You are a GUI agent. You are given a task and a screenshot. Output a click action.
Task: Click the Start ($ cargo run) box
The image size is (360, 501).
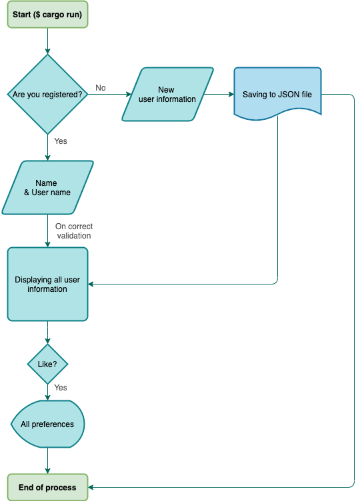click(x=47, y=14)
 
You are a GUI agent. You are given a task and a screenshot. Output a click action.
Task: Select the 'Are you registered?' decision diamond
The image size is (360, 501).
click(x=47, y=95)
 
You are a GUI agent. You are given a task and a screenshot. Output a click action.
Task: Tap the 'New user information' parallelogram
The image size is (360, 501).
click(x=167, y=94)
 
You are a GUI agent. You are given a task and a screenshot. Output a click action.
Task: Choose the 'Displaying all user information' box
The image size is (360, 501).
click(x=47, y=284)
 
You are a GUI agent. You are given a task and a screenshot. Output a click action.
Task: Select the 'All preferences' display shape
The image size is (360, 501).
click(x=47, y=424)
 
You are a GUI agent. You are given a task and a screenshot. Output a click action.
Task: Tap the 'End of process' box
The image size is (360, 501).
click(x=47, y=487)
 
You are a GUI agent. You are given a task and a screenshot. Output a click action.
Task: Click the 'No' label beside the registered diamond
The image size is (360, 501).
click(x=101, y=88)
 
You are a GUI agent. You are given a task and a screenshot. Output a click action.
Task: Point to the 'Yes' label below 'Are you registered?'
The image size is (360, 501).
click(x=60, y=141)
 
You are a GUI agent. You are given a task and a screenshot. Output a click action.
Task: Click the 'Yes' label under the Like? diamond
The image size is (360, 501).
click(x=60, y=388)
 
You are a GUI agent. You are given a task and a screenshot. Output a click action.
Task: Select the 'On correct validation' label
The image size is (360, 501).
click(x=73, y=231)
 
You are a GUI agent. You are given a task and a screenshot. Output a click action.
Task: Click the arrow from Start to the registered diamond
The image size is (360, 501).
click(x=47, y=41)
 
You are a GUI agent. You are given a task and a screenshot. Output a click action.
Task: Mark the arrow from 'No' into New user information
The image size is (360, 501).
click(x=110, y=95)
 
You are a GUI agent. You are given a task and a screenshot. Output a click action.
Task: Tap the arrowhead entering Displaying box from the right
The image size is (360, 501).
click(x=92, y=284)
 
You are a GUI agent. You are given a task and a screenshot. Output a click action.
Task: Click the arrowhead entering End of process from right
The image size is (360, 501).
click(x=92, y=487)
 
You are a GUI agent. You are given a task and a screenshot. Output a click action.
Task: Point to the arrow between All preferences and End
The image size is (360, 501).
click(x=47, y=460)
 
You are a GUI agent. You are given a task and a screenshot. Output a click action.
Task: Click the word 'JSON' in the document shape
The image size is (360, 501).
click(x=288, y=95)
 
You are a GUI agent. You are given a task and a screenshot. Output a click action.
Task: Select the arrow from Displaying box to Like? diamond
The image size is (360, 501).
click(x=47, y=333)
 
